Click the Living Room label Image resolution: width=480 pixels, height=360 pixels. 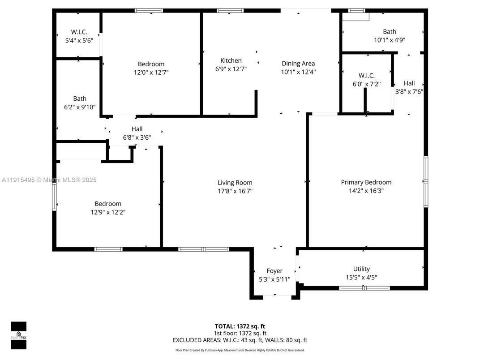[235, 183]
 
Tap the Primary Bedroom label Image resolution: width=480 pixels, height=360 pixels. [366, 182]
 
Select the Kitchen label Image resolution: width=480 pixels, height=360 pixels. [231, 60]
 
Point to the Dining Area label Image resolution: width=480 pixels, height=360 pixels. [298, 64]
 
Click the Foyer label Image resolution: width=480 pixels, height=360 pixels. [274, 271]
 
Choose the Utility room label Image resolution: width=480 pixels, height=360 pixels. [361, 269]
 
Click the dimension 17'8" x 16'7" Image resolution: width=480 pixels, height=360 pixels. [235, 191]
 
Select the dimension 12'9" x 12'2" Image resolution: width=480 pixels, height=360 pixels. [108, 212]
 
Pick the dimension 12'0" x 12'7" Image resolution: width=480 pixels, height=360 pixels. [151, 72]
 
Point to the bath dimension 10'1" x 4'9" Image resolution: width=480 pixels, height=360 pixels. [389, 40]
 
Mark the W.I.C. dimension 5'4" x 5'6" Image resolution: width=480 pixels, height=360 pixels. [78, 40]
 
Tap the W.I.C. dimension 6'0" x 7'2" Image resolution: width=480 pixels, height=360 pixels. [366, 84]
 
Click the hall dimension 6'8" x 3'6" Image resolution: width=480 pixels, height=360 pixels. [137, 137]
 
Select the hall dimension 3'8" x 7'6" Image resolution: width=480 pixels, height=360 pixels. [409, 91]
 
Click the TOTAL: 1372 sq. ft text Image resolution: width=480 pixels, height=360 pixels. [243, 326]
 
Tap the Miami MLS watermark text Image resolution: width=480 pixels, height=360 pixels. [49, 180]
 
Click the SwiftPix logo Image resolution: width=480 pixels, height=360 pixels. [18, 335]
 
